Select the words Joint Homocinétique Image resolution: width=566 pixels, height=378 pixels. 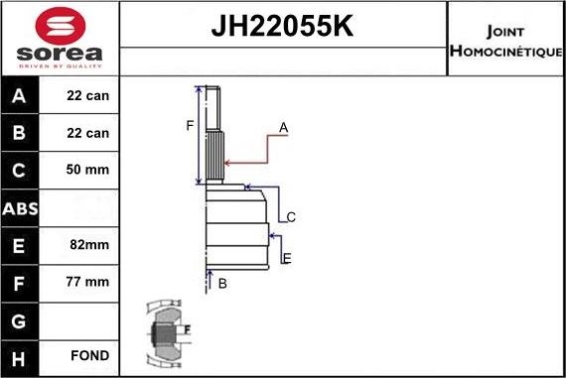click(x=506, y=39)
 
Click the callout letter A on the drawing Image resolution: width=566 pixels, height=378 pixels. click(x=283, y=127)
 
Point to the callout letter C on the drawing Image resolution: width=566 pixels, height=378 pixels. click(x=291, y=216)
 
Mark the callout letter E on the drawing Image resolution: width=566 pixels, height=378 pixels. click(x=286, y=259)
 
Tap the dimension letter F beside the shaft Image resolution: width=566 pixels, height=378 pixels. click(x=189, y=125)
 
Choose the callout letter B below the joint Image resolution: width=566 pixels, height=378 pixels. click(x=222, y=284)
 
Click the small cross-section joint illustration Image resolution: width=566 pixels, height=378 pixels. click(x=166, y=333)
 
